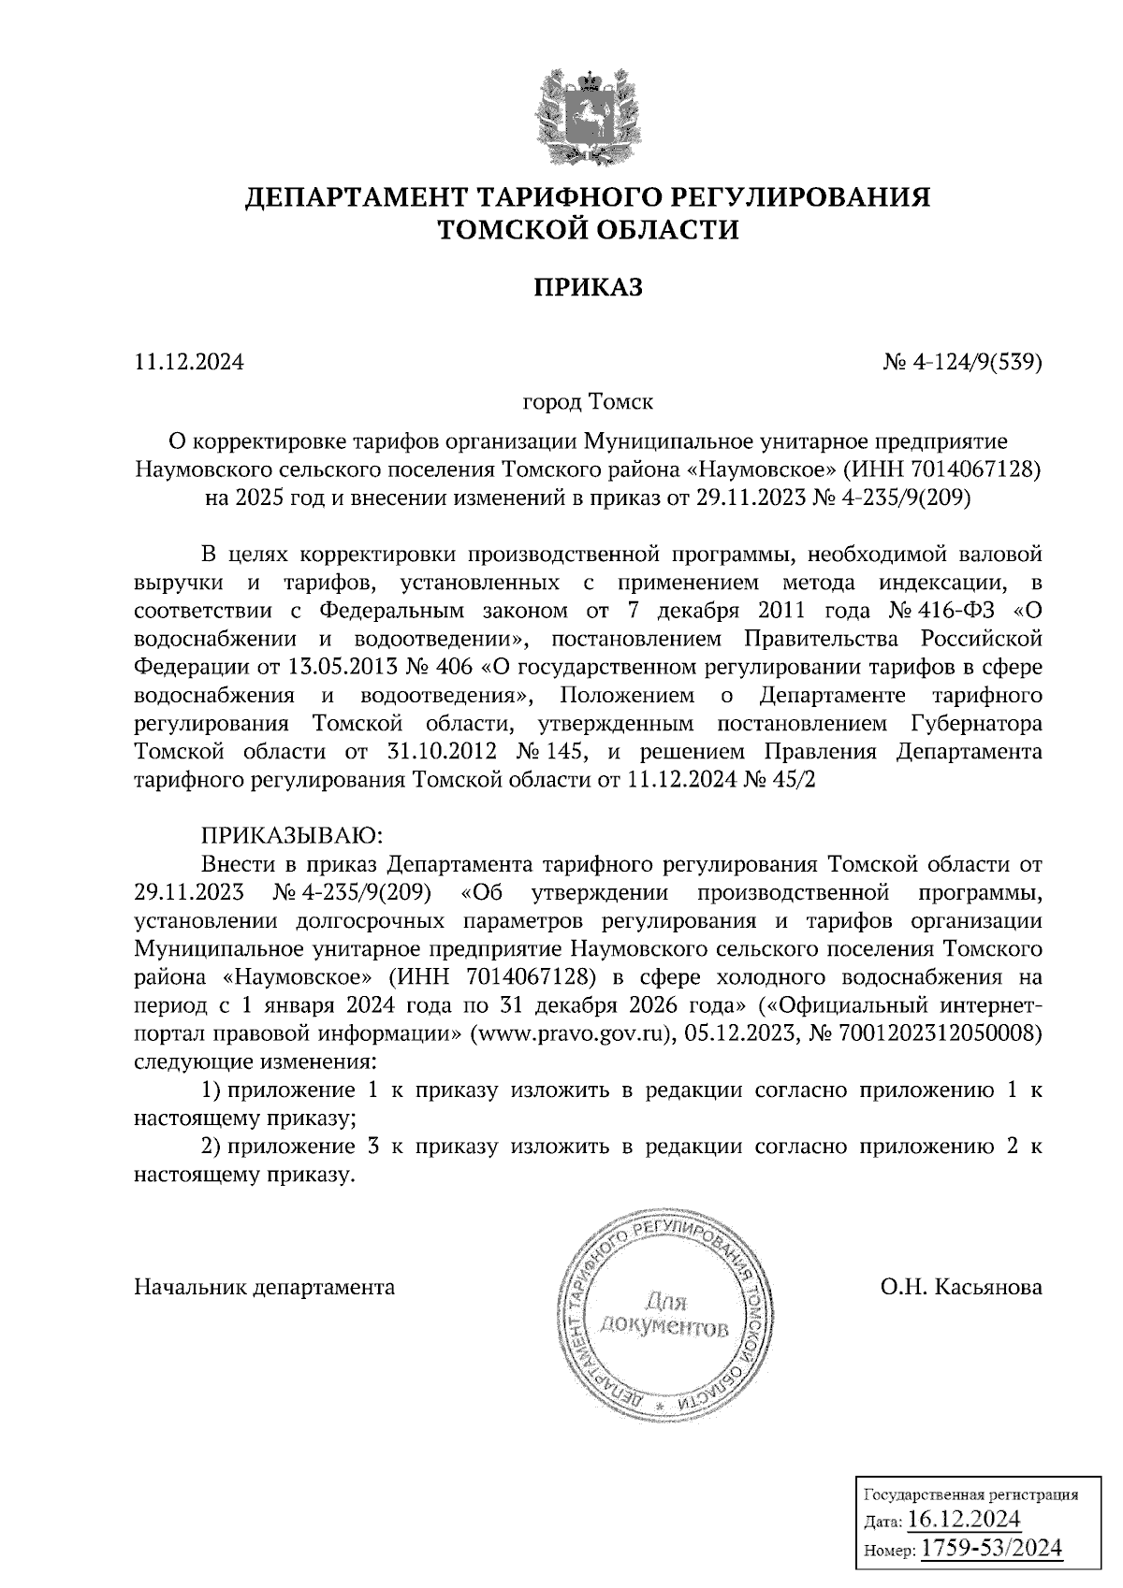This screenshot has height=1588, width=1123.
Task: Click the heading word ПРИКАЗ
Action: tap(589, 288)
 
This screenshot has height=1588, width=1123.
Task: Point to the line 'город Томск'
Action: tap(588, 402)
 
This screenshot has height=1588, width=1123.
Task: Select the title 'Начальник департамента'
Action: tap(265, 1287)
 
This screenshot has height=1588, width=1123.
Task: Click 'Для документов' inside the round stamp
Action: tap(664, 1314)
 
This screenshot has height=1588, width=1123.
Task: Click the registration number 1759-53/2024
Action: tap(992, 1549)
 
